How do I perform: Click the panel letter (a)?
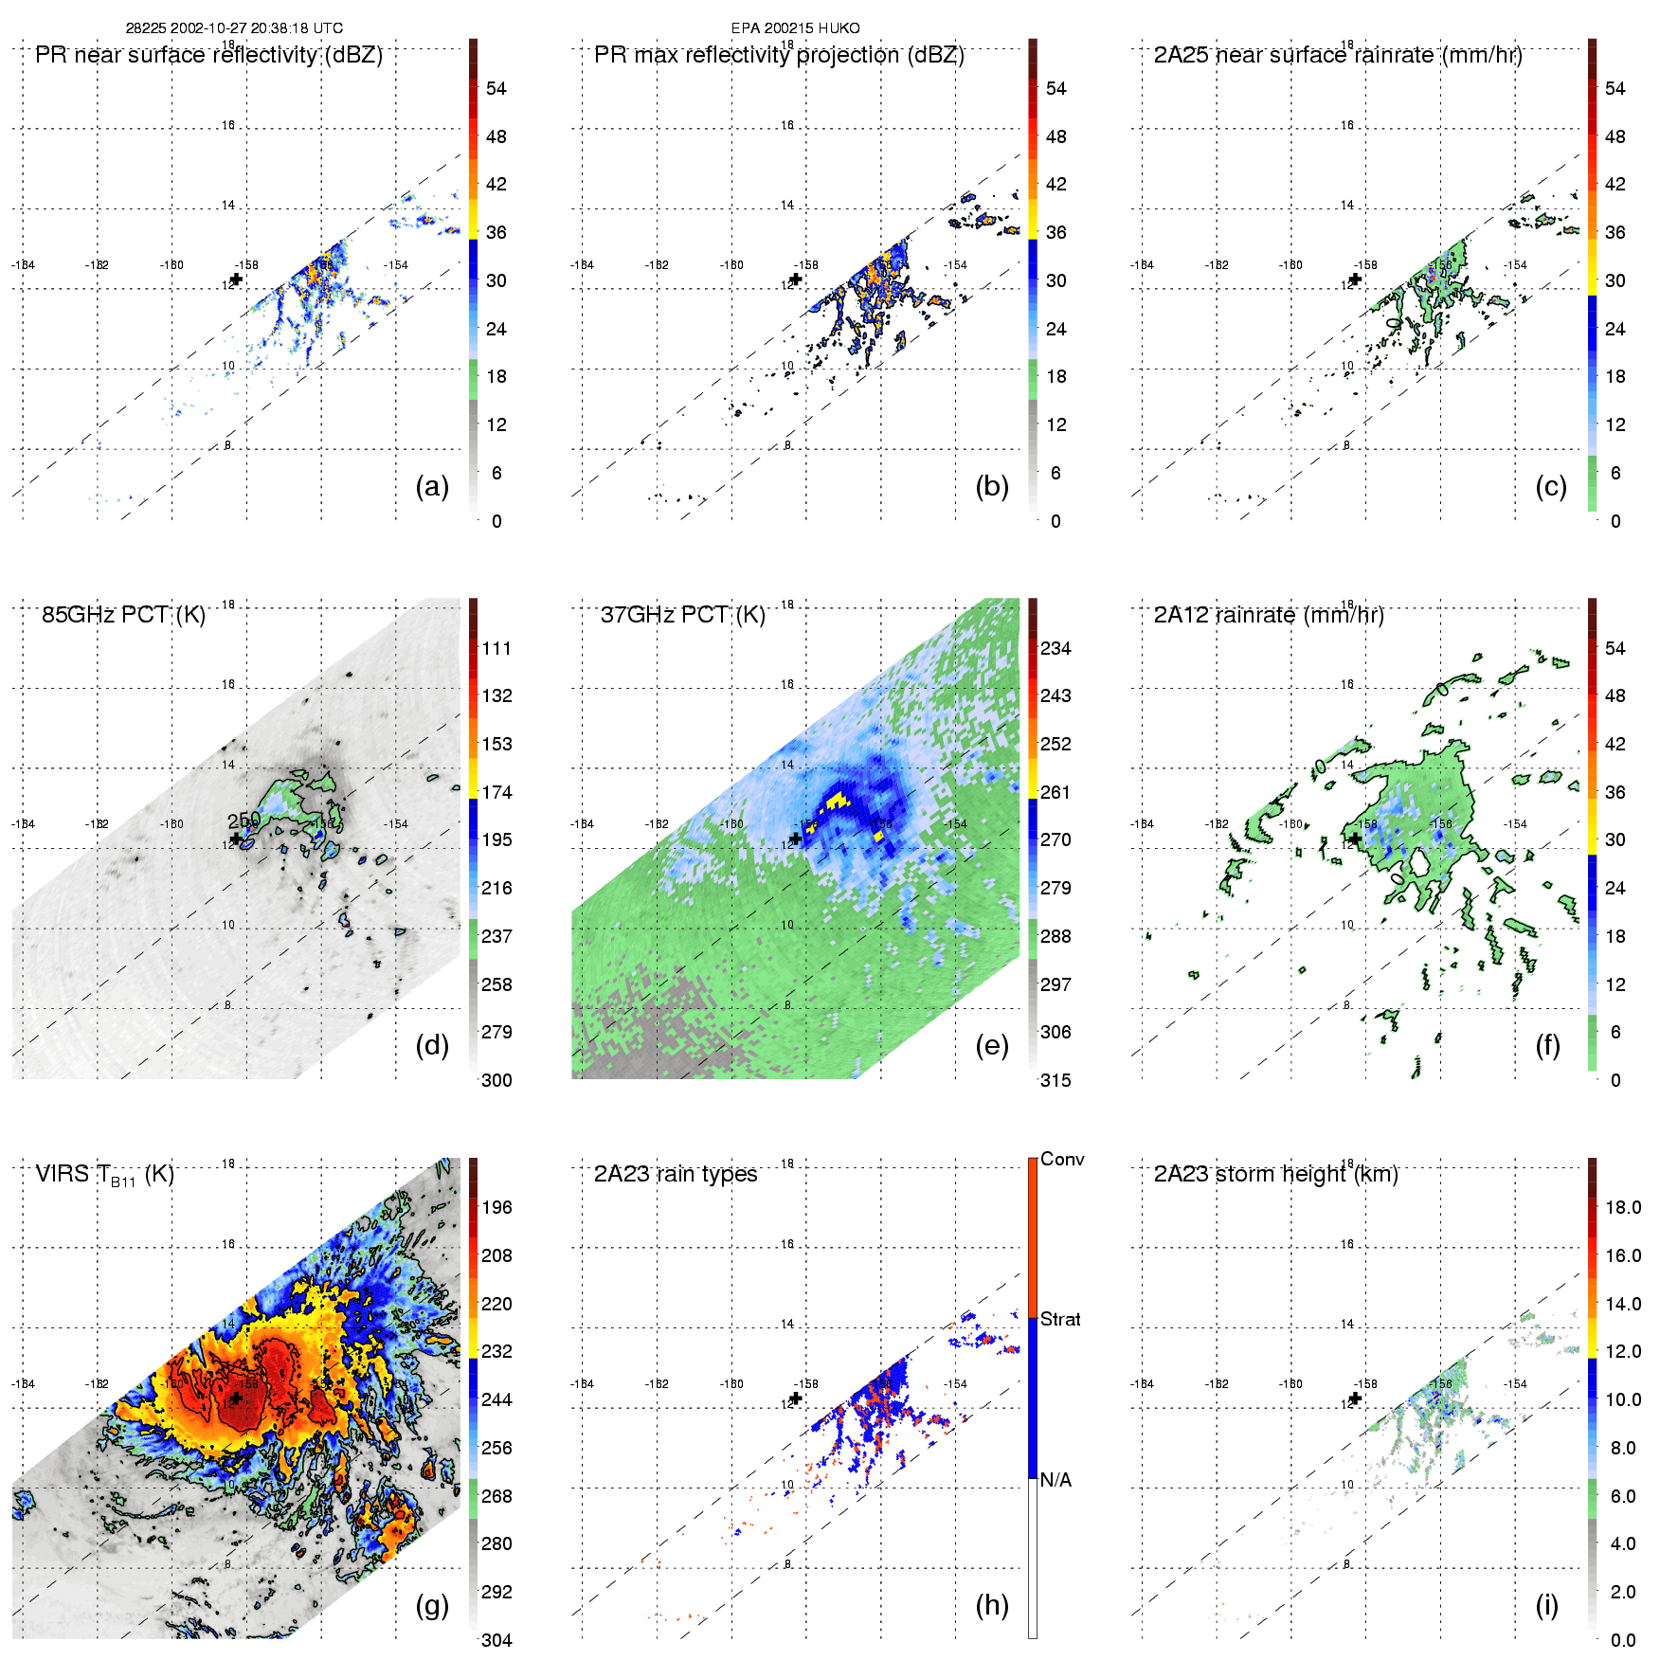click(x=432, y=487)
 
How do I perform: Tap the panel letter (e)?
click(x=991, y=1046)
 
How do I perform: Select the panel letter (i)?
click(x=1546, y=1605)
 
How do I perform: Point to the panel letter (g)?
click(x=432, y=1605)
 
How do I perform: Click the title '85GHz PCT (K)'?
click(x=123, y=615)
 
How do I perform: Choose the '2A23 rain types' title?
click(x=676, y=1174)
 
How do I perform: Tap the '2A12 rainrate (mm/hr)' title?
click(x=1269, y=615)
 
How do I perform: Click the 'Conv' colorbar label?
click(x=1062, y=1159)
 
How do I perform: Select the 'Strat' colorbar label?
click(x=1060, y=1319)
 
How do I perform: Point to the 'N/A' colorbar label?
click(x=1056, y=1480)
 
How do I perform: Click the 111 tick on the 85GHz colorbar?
click(x=496, y=648)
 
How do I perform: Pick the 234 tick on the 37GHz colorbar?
click(x=1056, y=648)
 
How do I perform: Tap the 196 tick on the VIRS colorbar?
click(x=496, y=1207)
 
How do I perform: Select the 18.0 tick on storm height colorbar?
click(x=1623, y=1207)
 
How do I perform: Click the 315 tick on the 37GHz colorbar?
click(x=1056, y=1080)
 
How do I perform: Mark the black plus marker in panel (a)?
click(x=236, y=280)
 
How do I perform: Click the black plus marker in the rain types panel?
click(x=796, y=1398)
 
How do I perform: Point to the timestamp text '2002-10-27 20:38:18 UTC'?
click(x=257, y=28)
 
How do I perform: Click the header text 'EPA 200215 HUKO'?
click(x=795, y=28)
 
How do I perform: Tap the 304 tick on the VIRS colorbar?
click(x=496, y=1640)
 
